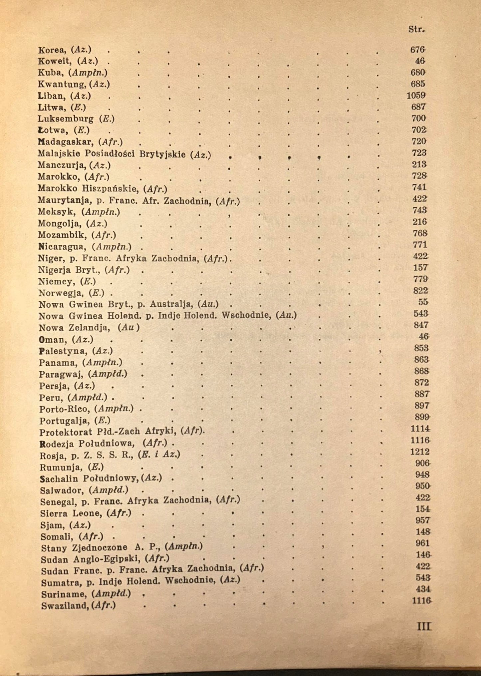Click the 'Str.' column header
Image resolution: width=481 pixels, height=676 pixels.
coord(416,29)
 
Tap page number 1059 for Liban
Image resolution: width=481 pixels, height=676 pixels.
coord(416,96)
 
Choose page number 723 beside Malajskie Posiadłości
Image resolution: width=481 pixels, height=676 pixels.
coord(419,153)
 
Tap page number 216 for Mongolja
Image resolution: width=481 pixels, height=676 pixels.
coord(419,222)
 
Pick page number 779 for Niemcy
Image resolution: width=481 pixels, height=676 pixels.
coord(420,279)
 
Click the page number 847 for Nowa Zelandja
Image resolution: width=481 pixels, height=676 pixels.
coord(421,325)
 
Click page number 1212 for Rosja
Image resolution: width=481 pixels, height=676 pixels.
coord(420,452)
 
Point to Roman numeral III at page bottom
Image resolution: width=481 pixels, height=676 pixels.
coord(424,627)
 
